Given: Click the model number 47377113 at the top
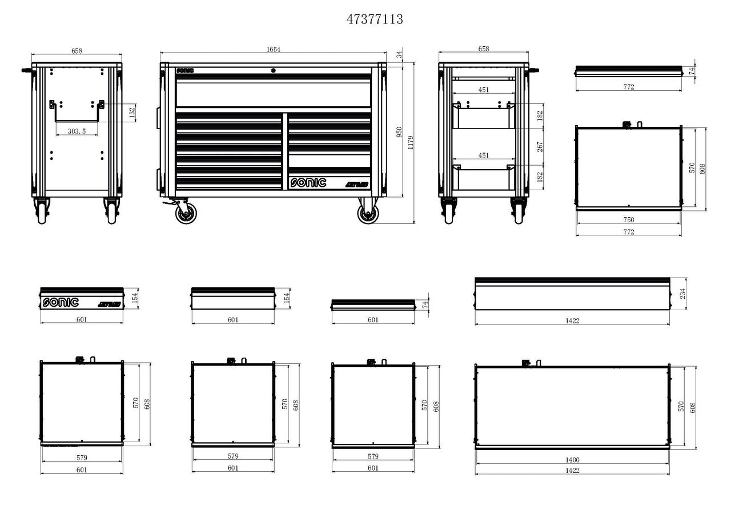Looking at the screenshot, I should click(375, 19).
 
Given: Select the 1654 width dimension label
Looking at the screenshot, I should click(274, 50).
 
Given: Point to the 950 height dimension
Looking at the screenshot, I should click(400, 132).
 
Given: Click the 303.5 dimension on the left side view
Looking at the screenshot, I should click(77, 131).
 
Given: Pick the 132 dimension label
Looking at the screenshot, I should click(132, 111).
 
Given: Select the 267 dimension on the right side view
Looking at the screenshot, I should click(540, 147).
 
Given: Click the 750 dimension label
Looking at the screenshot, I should click(628, 220).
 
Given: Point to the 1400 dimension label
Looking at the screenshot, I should click(572, 460).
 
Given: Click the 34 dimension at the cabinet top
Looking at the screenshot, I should click(399, 55).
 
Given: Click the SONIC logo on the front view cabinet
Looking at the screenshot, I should click(308, 183).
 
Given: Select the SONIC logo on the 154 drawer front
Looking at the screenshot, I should click(61, 302).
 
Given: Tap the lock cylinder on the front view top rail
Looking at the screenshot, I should click(273, 70).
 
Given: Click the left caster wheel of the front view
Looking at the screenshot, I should click(184, 214).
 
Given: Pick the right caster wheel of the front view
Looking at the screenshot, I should click(368, 214).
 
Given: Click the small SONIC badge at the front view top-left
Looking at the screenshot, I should click(185, 71).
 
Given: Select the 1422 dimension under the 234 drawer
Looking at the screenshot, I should click(572, 321).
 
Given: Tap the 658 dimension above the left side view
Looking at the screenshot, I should click(77, 50).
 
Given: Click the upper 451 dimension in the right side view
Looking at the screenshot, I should click(484, 89).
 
